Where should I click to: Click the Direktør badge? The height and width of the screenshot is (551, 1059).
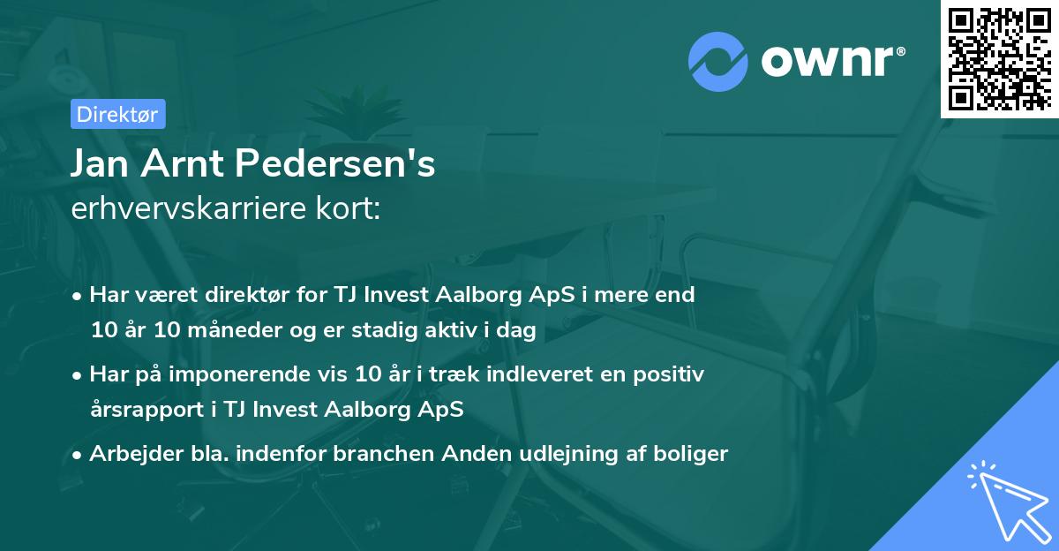[x=116, y=114]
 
